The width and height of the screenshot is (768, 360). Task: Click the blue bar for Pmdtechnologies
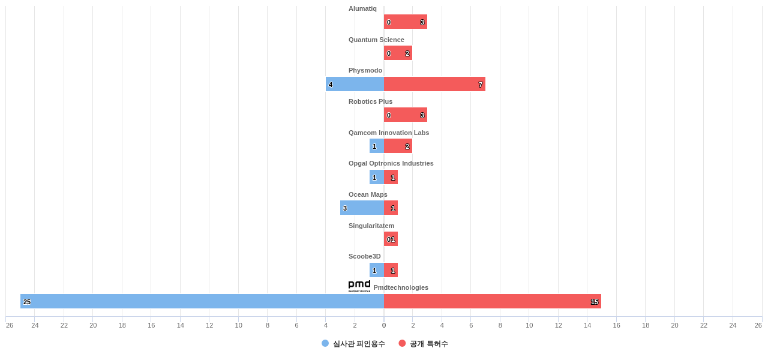[202, 301]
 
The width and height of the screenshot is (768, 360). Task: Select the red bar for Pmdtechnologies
[492, 301]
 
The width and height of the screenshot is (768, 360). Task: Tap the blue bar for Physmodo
[355, 84]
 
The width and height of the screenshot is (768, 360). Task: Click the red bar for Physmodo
[434, 84]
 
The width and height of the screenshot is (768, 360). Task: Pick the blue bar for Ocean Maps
[362, 208]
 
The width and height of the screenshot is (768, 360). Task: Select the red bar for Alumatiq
[406, 22]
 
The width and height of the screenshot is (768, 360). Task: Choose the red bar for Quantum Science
[398, 53]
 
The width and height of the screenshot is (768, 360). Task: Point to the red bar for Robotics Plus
[406, 115]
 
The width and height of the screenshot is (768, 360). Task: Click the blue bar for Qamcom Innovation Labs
[376, 146]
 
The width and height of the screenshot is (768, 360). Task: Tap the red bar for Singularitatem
[391, 239]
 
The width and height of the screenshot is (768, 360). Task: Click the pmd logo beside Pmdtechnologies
[359, 286]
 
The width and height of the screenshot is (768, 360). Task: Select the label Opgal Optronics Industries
[391, 163]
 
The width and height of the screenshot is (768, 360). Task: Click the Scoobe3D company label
[364, 256]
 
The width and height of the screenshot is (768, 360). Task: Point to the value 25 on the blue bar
[27, 302]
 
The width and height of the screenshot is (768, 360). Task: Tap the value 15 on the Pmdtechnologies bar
[595, 302]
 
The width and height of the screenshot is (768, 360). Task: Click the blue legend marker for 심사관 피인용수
[325, 343]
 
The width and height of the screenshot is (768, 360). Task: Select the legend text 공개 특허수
[428, 344]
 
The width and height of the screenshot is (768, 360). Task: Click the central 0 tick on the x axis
[384, 325]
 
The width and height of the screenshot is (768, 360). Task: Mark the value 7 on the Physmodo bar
[480, 85]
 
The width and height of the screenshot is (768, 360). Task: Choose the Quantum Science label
[376, 40]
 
